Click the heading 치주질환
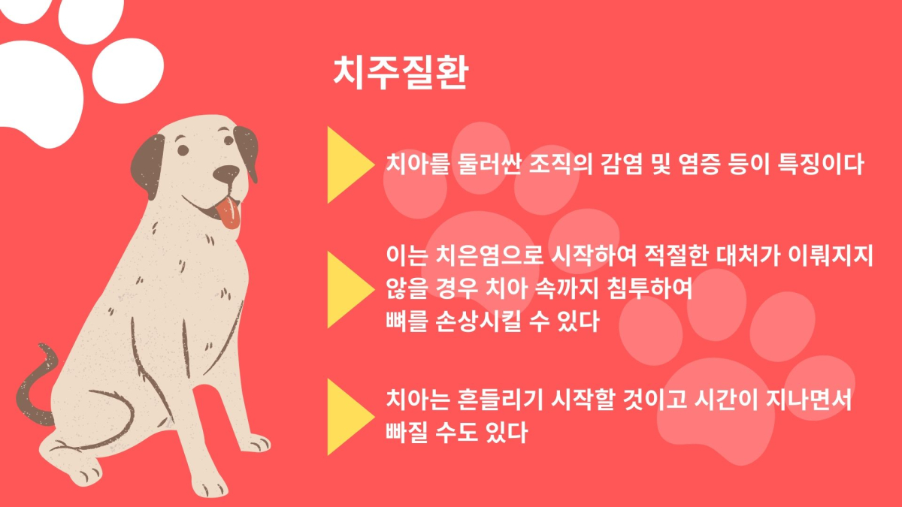click(401, 72)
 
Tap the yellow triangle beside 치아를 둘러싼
click(348, 165)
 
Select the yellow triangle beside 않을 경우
click(348, 290)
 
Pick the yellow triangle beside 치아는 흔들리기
click(348, 417)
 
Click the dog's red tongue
click(229, 213)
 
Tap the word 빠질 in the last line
click(407, 433)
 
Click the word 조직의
click(561, 164)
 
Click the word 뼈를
click(407, 321)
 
